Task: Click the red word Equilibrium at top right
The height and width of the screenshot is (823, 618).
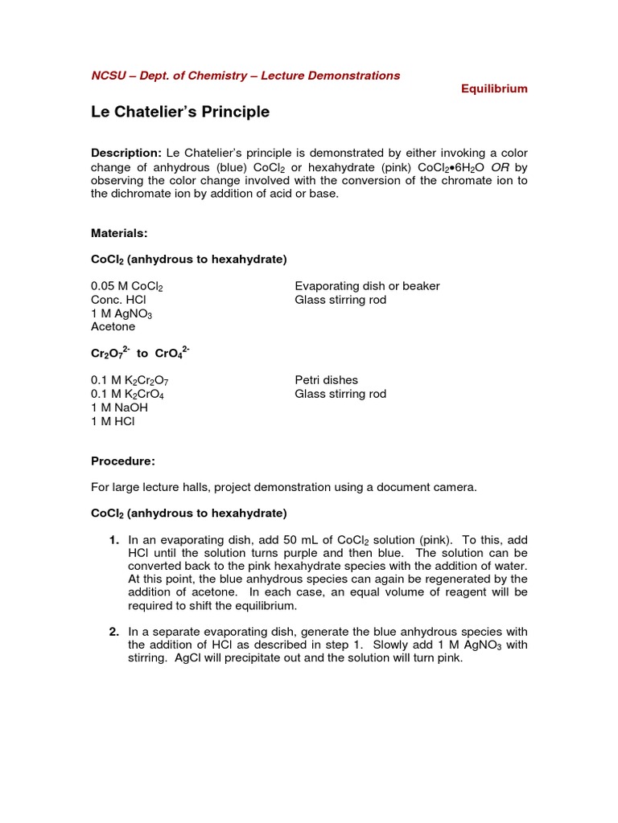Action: click(x=494, y=89)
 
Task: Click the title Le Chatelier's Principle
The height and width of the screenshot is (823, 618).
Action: click(x=180, y=113)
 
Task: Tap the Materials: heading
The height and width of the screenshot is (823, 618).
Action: click(x=120, y=232)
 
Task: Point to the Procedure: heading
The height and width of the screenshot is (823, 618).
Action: click(x=123, y=461)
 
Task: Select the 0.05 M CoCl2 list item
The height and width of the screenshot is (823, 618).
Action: click(x=132, y=287)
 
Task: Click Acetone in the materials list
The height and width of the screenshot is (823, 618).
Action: click(x=113, y=327)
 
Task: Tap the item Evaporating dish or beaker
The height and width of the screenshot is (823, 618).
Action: click(x=367, y=286)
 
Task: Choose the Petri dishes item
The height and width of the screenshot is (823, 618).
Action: click(x=326, y=380)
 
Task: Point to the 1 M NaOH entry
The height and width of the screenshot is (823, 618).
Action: click(x=119, y=407)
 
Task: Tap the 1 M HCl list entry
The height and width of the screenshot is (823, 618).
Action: click(x=113, y=421)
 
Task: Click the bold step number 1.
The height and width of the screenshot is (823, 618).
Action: click(x=114, y=540)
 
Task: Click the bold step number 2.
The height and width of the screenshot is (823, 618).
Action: click(x=114, y=632)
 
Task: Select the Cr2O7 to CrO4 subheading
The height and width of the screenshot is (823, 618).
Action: click(x=140, y=353)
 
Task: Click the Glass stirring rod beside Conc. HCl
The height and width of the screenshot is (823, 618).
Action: click(x=340, y=300)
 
